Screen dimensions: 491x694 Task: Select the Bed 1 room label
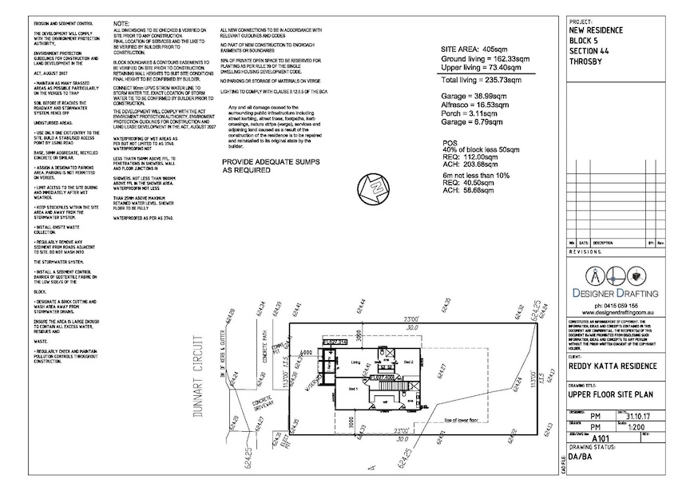point(353,386)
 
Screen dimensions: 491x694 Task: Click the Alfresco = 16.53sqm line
point(476,104)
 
